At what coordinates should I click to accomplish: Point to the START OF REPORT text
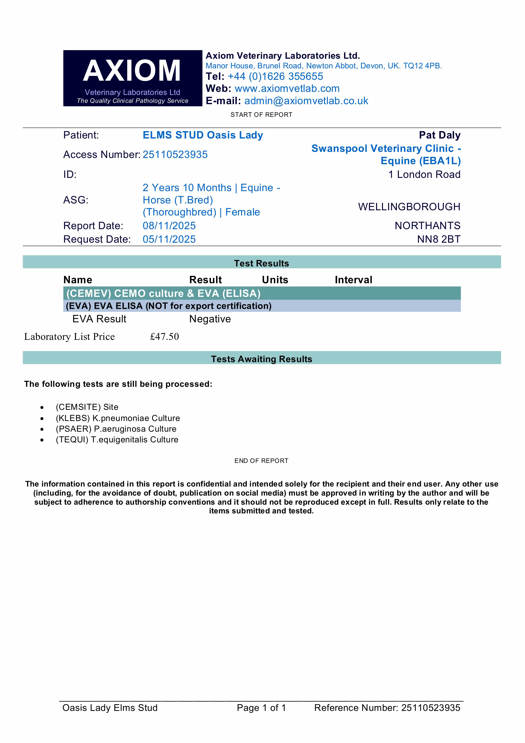[261, 115]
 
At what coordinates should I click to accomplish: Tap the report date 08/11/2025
[169, 226]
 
